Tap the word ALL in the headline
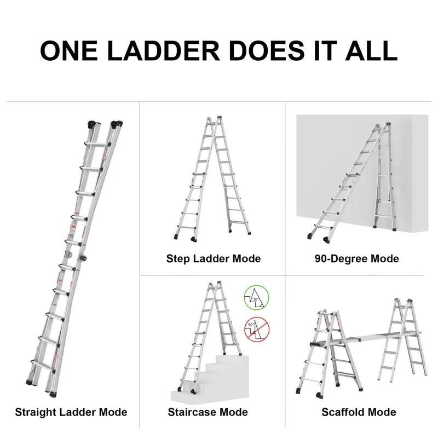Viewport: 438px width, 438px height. tap(372, 50)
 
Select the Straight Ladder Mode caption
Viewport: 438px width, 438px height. tap(71, 412)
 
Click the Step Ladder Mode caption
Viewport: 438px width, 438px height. tap(214, 258)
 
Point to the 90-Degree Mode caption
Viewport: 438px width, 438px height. tap(357, 258)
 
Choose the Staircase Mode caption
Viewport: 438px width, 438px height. tap(208, 412)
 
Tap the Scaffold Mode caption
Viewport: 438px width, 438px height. tap(359, 412)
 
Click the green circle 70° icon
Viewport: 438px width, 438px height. tap(256, 298)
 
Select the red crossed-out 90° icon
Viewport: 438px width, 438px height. tap(257, 330)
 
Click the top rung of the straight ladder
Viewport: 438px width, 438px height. tap(97, 144)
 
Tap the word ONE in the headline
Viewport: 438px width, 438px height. tap(69, 50)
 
